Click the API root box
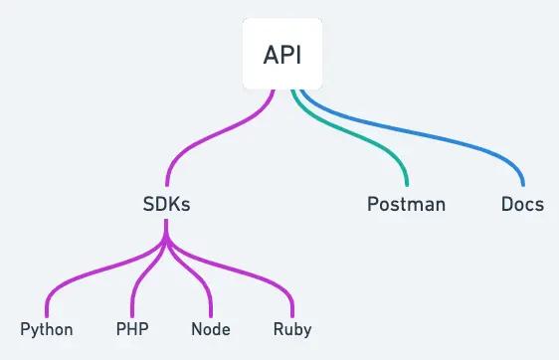(283, 55)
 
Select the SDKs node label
(166, 205)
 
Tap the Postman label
(406, 205)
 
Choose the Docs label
(522, 205)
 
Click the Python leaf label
(47, 329)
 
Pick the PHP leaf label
(132, 329)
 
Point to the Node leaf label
(211, 329)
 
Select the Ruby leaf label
(292, 329)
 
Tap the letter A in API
(270, 55)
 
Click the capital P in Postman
(373, 205)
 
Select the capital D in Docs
(506, 205)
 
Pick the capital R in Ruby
(279, 329)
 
